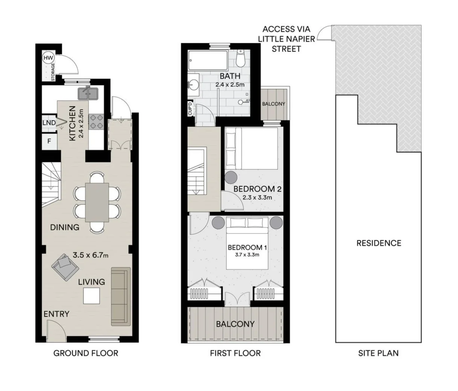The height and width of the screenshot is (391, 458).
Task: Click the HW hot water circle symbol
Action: click(x=48, y=58)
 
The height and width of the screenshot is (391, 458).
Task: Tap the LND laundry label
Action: click(x=49, y=123)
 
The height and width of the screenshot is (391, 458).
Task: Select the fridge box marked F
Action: click(x=49, y=142)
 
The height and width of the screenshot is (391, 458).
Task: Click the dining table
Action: click(x=97, y=202)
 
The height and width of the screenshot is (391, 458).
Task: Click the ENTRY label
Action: click(x=56, y=314)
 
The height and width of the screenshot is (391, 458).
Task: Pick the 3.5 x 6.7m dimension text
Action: click(x=91, y=255)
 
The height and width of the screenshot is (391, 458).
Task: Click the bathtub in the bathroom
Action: click(x=208, y=59)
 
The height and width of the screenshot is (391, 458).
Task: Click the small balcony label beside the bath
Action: click(x=273, y=104)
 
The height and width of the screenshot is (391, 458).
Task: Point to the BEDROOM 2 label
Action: click(x=257, y=189)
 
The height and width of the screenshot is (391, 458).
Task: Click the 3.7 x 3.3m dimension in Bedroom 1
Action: click(x=247, y=255)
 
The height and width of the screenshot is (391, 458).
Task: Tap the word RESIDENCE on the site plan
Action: click(x=379, y=243)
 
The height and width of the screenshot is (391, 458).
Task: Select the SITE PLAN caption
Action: click(x=378, y=353)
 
